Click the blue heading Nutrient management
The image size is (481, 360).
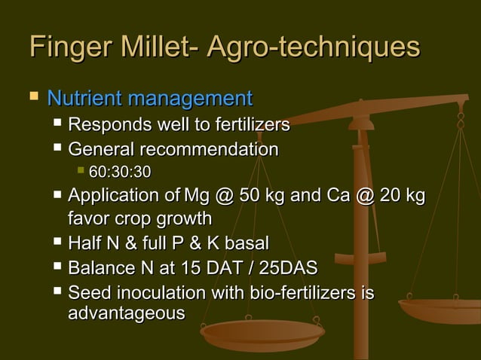[x=149, y=99]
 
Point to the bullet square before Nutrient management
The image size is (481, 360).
[x=32, y=98]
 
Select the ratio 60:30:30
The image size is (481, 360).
[x=120, y=173]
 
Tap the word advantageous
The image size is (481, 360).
[x=126, y=313]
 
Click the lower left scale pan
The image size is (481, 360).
[x=262, y=332]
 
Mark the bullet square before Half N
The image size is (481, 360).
[x=58, y=243]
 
